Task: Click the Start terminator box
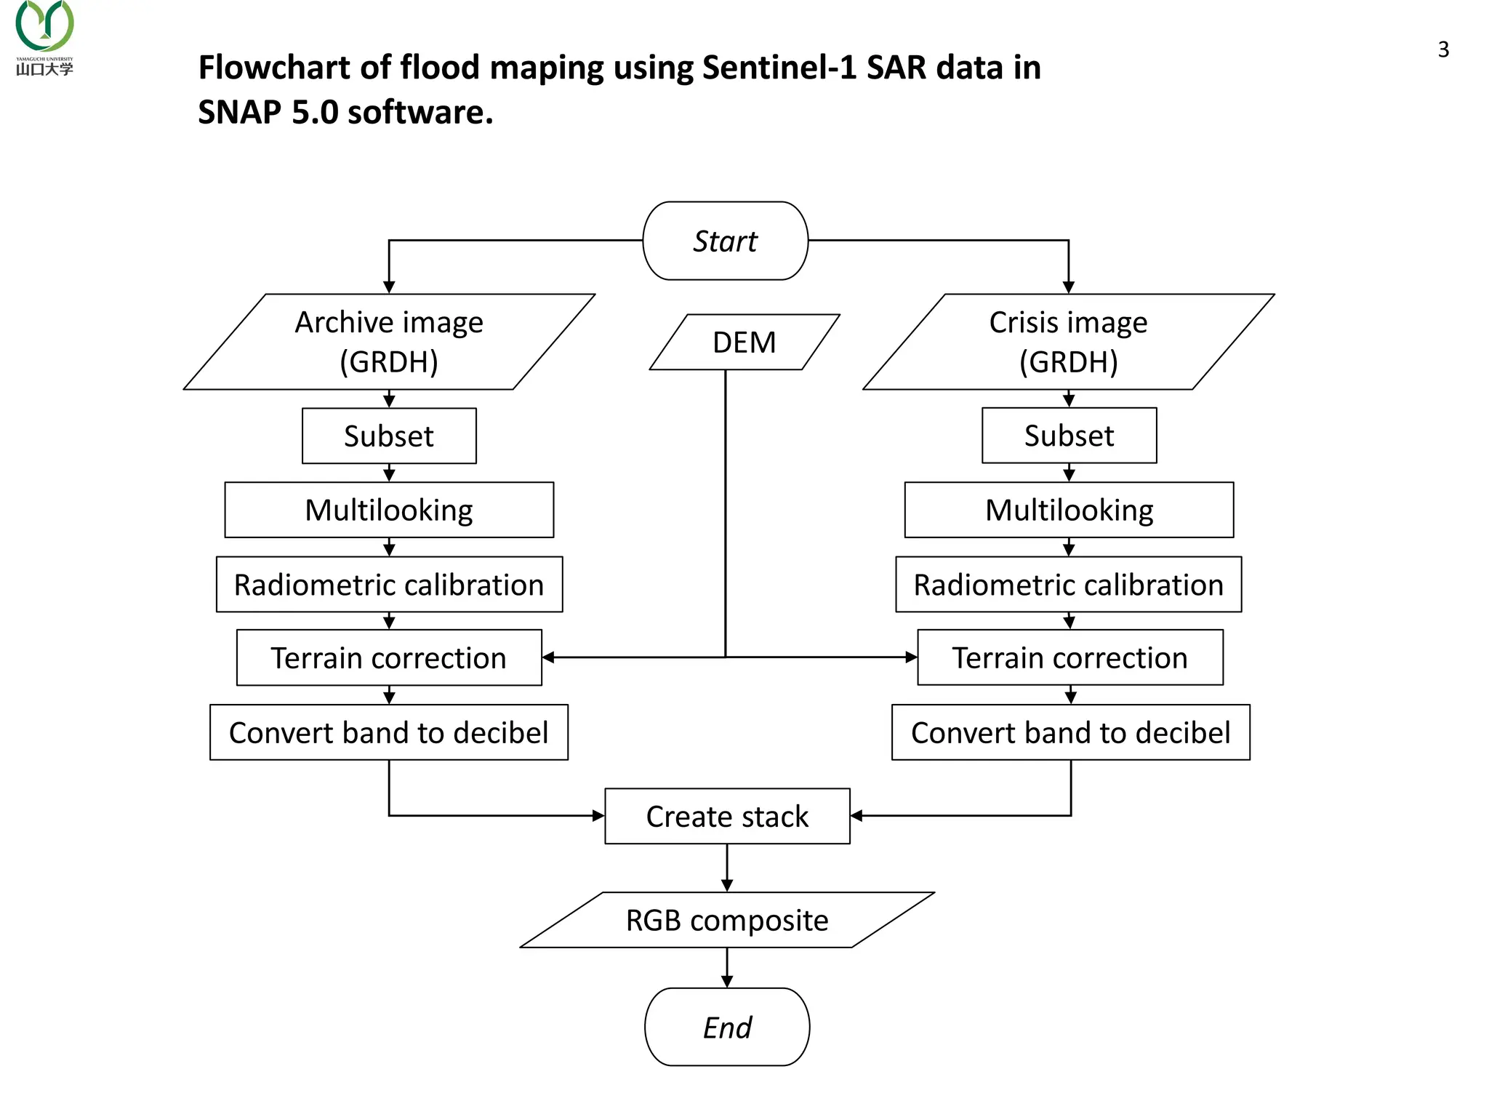pyautogui.click(x=725, y=241)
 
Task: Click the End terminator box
pyautogui.click(x=726, y=1027)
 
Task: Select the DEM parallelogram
pyautogui.click(x=744, y=342)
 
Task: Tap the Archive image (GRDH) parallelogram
pyautogui.click(x=389, y=342)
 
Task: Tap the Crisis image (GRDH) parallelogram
pyautogui.click(x=1068, y=342)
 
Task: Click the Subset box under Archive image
pyautogui.click(x=389, y=436)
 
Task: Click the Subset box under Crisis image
pyautogui.click(x=1069, y=435)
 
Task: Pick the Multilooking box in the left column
pyautogui.click(x=389, y=510)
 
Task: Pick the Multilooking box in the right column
pyautogui.click(x=1069, y=510)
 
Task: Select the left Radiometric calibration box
pyautogui.click(x=389, y=585)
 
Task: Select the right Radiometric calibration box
pyautogui.click(x=1068, y=585)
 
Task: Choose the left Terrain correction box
pyautogui.click(x=389, y=657)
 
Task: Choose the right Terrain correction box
pyautogui.click(x=1069, y=657)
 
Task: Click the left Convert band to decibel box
pyautogui.click(x=389, y=732)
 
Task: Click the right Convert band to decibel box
pyautogui.click(x=1070, y=732)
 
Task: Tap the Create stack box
pyautogui.click(x=727, y=816)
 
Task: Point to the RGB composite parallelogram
pyautogui.click(x=727, y=920)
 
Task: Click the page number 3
pyautogui.click(x=1443, y=49)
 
